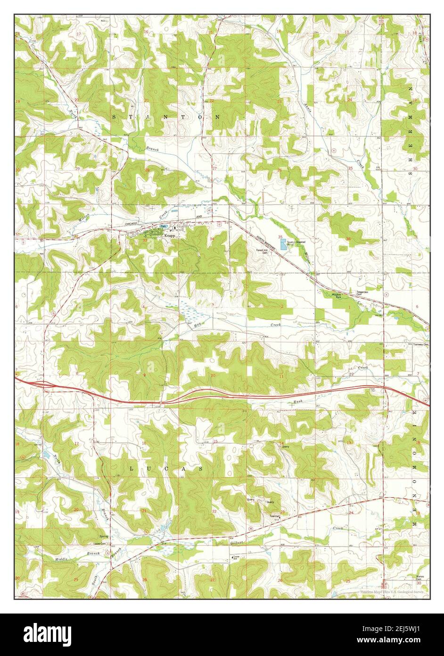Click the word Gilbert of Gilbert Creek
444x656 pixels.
(x=237, y=544)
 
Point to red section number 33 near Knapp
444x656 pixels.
(x=145, y=240)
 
